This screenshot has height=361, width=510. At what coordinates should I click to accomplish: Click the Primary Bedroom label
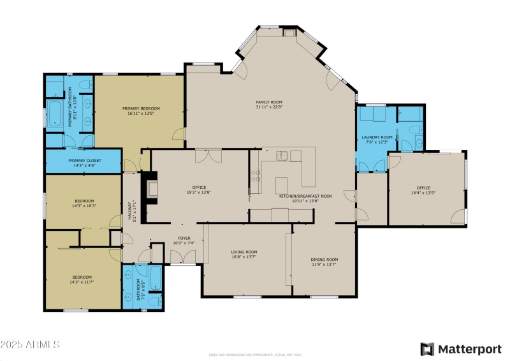pyautogui.click(x=141, y=109)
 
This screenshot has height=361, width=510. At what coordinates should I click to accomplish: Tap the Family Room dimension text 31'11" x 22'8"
pyautogui.click(x=269, y=107)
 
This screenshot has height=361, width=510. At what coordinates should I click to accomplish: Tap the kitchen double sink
pyautogui.click(x=284, y=155)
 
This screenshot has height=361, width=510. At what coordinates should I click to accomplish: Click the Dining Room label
pyautogui.click(x=324, y=260)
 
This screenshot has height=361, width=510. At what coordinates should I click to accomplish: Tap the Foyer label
pyautogui.click(x=184, y=239)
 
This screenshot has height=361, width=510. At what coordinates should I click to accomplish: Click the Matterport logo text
pyautogui.click(x=469, y=348)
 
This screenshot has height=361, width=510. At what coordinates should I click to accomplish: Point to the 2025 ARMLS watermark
pyautogui.click(x=30, y=344)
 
